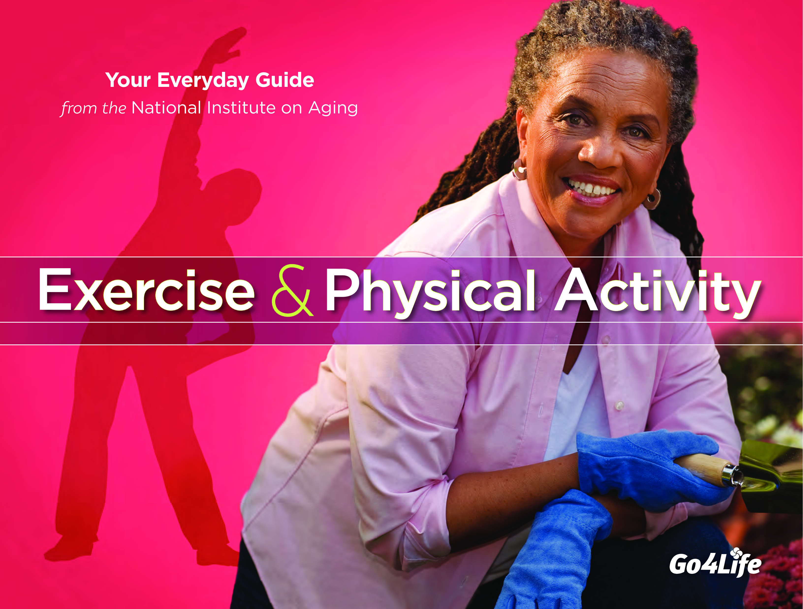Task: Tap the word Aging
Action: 333,109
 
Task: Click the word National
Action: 166,108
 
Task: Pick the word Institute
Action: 241,108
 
